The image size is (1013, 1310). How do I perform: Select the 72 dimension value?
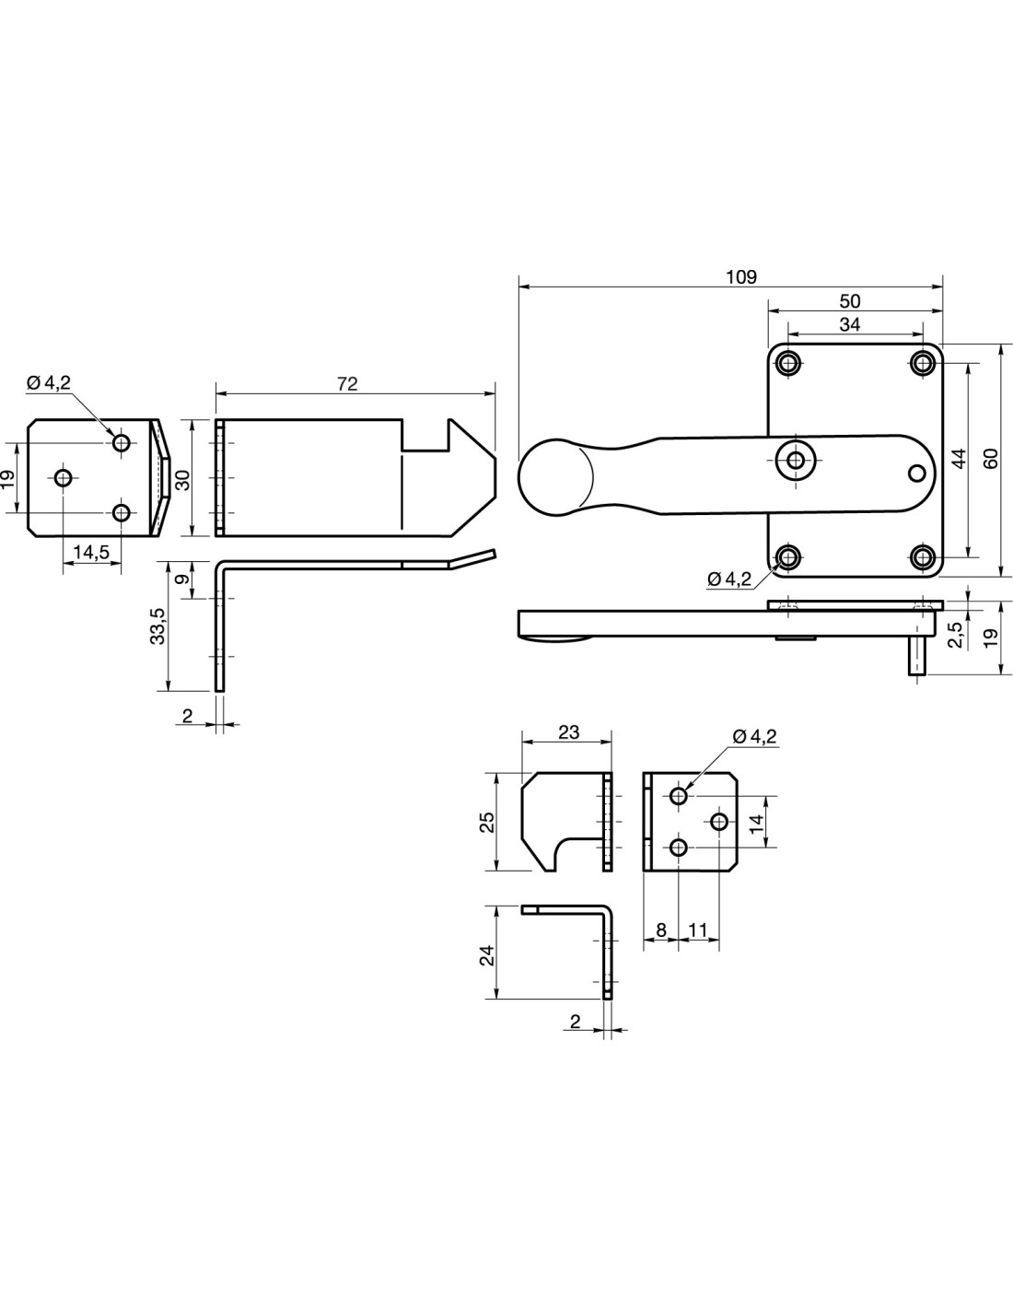(347, 384)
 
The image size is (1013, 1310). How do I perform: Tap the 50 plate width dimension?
(850, 301)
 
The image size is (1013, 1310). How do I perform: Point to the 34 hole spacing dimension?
(850, 324)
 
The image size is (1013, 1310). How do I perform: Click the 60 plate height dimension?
(991, 459)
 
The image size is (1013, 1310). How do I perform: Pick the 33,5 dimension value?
(157, 626)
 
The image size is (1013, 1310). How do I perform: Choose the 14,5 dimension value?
(91, 552)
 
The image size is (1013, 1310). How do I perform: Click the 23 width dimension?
(569, 732)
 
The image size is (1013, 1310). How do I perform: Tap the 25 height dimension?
(488, 821)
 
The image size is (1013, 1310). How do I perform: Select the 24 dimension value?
(488, 953)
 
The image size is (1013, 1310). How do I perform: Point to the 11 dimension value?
(698, 930)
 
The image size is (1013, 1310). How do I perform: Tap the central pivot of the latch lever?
(795, 460)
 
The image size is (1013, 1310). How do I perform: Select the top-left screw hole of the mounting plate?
(786, 363)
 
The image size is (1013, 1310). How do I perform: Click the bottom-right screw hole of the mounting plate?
(923, 556)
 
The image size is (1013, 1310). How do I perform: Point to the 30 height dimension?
(183, 479)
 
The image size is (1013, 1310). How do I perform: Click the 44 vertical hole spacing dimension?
(958, 459)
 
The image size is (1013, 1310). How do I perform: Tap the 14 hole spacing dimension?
(756, 822)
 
